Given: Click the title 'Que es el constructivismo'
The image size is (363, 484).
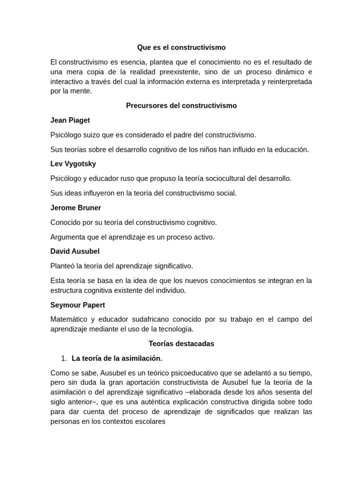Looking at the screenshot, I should pos(181,47).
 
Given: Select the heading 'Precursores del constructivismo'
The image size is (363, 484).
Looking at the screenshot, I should pos(181,105).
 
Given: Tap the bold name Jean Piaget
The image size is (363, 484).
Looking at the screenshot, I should pos(70,120).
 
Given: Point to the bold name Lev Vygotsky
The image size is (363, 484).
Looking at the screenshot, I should pos(73,164).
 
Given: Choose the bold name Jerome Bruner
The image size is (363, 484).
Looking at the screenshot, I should pos(76,207).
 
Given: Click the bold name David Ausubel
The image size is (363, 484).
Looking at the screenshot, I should pos(75,251).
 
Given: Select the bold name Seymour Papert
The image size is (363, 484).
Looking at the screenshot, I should pos(78,305).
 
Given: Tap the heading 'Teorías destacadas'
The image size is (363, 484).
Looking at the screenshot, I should pos(181,344).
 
